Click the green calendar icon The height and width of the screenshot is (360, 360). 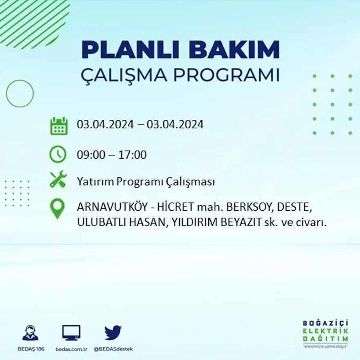[x=59, y=126]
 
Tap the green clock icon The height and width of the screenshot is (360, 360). [x=58, y=154]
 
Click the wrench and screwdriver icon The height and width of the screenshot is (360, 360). [x=58, y=179]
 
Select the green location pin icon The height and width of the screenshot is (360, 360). [x=57, y=208]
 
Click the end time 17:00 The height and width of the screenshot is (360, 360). [x=133, y=155]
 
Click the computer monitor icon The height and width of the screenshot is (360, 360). [x=71, y=333]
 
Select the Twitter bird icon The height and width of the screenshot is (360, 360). [x=113, y=333]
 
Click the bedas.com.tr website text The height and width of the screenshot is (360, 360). [x=72, y=349]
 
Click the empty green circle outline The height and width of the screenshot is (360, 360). [x=20, y=94]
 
